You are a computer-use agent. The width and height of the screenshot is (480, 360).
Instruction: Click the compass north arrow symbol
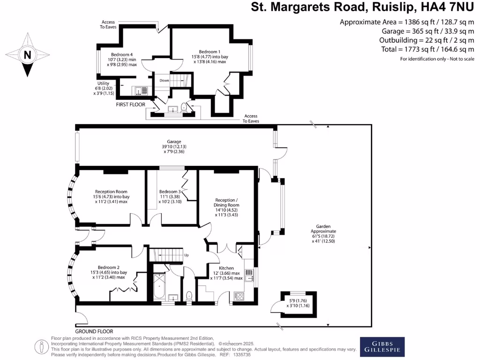point(27,55)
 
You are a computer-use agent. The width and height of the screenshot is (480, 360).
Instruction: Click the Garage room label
point(174,142)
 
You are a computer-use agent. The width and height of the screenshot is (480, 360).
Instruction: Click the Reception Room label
point(111,191)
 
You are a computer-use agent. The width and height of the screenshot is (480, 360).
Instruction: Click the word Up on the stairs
point(186,255)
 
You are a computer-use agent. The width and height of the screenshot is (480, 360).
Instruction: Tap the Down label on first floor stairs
point(164,80)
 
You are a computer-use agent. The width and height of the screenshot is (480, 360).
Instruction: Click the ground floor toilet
point(189,296)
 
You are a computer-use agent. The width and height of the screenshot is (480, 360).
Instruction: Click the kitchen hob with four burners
point(239,296)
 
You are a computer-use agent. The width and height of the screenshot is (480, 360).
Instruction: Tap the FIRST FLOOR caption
point(130,105)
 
